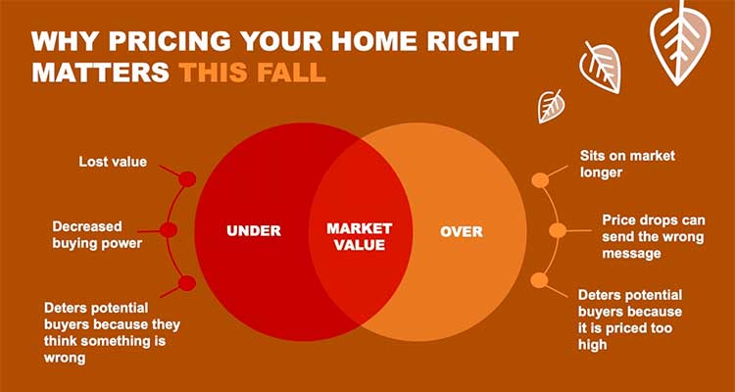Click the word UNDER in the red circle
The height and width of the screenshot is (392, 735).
coord(254,230)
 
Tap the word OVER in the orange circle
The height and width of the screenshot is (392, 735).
coord(462,231)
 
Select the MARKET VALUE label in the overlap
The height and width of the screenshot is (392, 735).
coord(359,236)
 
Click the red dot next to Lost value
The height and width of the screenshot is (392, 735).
coord(187,178)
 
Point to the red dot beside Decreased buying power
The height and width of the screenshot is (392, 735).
coord(169,230)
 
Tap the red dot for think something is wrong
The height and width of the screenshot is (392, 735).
coord(187,283)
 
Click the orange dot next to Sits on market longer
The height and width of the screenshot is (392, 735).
coord(540,180)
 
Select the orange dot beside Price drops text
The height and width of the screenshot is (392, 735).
coord(558,230)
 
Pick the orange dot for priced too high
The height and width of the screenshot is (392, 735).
coord(540,280)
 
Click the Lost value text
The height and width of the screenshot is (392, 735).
coord(113,162)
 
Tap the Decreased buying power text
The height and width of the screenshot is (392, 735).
coord(97,235)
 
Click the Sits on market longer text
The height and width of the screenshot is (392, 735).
coord(627,164)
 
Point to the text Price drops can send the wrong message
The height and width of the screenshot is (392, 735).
coord(654,237)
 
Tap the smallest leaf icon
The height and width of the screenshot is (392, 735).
coord(551,107)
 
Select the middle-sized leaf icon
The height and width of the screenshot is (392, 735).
coord(601,67)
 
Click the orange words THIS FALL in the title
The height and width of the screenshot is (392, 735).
coord(253,73)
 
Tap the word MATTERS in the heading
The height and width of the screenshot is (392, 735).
coord(100,73)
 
